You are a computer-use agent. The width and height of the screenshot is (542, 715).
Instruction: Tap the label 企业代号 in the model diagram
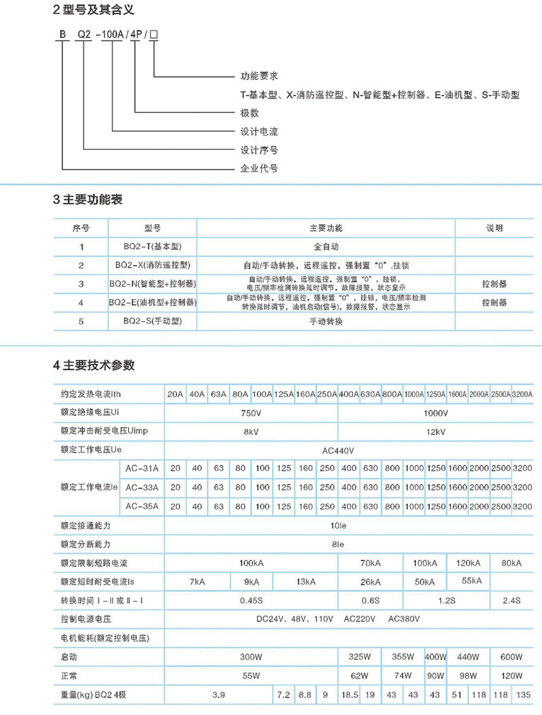tap(259, 168)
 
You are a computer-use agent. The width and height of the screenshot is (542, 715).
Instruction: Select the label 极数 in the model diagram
tap(250, 113)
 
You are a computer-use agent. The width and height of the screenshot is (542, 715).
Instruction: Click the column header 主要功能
tap(326, 228)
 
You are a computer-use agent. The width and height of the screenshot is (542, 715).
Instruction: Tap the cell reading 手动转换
tap(326, 322)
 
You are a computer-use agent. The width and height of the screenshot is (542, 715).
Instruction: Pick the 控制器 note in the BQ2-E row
tap(494, 303)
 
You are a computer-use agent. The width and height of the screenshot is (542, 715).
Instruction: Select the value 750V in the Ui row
tap(251, 413)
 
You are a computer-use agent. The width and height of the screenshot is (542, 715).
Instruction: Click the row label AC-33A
tap(142, 487)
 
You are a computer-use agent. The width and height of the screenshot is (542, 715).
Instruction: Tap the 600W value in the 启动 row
tap(510, 657)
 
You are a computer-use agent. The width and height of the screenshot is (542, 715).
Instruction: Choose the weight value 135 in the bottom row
tap(522, 695)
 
